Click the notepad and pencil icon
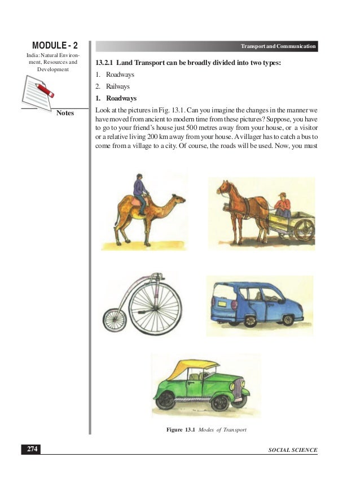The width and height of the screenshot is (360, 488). [x=38, y=90]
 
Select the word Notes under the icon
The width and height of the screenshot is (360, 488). [x=65, y=113]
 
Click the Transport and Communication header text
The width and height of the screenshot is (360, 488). [x=278, y=46]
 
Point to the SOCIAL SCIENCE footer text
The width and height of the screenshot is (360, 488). [x=293, y=450]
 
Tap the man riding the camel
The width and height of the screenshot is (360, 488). [x=140, y=191]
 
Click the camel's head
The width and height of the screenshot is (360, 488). [x=178, y=199]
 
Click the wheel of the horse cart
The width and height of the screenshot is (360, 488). [x=304, y=229]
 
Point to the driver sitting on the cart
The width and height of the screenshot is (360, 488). [x=283, y=204]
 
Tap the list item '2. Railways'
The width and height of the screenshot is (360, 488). [x=113, y=86]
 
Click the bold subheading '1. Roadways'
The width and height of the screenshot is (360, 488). [x=116, y=98]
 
